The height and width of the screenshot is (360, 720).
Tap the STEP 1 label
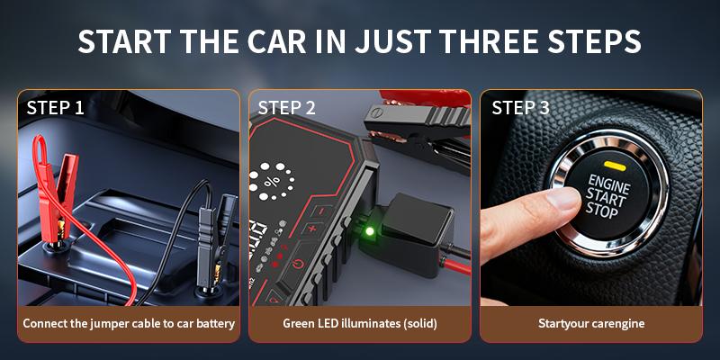click(56, 108)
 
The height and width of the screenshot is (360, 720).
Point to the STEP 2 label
click(287, 108)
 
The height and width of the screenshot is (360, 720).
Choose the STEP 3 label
click(520, 108)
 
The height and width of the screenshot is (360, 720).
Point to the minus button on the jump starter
click(316, 211)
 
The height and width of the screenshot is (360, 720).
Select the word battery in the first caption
click(214, 323)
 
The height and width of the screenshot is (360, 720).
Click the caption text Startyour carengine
click(591, 323)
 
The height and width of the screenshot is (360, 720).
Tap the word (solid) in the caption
click(417, 323)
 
